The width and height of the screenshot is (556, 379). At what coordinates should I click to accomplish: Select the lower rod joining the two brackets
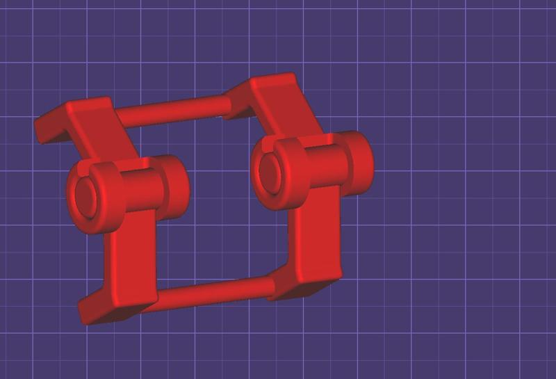pos(212,291)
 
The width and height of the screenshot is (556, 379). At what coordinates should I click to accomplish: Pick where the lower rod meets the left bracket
pos(157,298)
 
